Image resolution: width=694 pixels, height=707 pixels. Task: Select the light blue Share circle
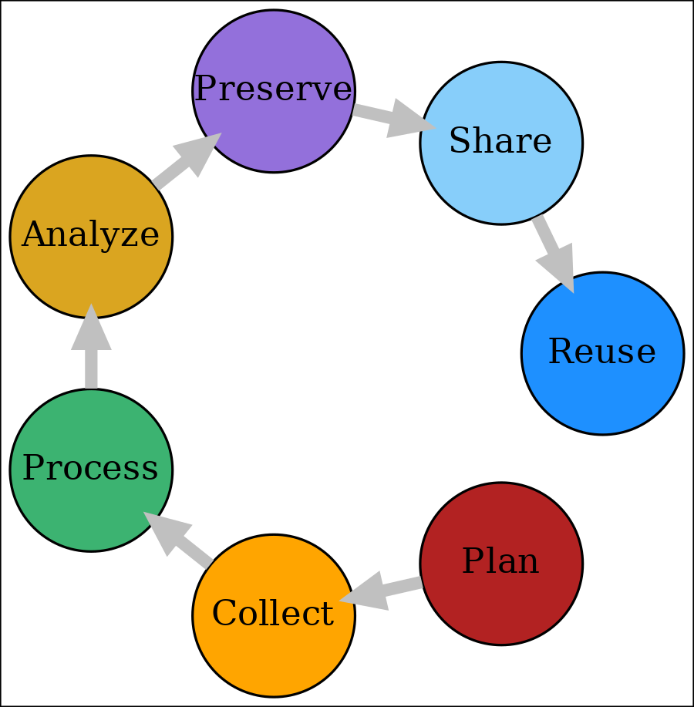pos(501,177)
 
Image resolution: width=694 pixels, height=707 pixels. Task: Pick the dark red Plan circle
pos(501,601)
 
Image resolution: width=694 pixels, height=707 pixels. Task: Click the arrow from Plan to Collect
pos(382,591)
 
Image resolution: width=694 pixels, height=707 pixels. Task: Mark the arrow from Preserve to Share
pos(389,117)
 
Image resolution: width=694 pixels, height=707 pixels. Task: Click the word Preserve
pos(273,90)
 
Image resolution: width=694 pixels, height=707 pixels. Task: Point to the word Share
pos(500,143)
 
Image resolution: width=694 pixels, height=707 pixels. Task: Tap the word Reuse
pos(602,352)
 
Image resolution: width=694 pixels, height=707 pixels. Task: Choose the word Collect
pos(272,614)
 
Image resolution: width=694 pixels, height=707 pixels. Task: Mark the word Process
pos(90,469)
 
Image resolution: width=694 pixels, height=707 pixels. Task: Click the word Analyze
pos(90,235)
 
